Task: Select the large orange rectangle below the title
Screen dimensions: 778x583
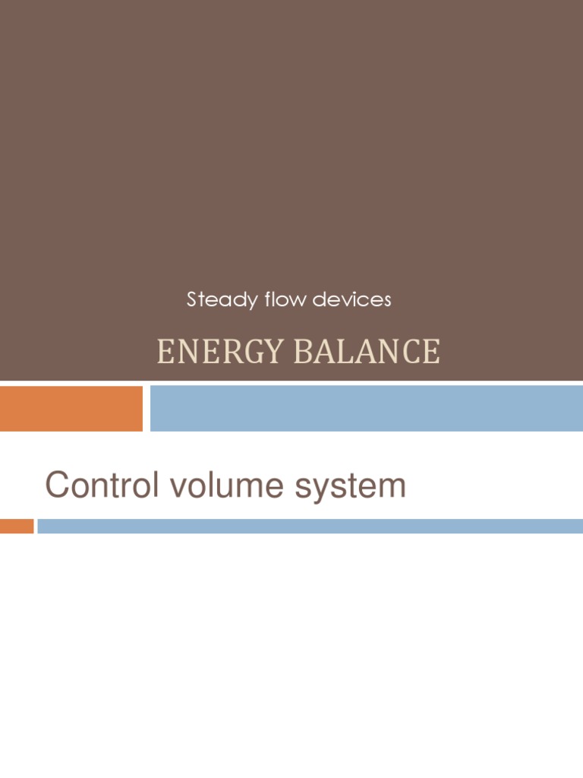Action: (x=71, y=408)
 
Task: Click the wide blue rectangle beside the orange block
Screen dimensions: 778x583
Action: (x=366, y=408)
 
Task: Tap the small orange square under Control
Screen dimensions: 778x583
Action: (x=17, y=526)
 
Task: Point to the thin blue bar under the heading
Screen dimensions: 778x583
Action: (x=310, y=526)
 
